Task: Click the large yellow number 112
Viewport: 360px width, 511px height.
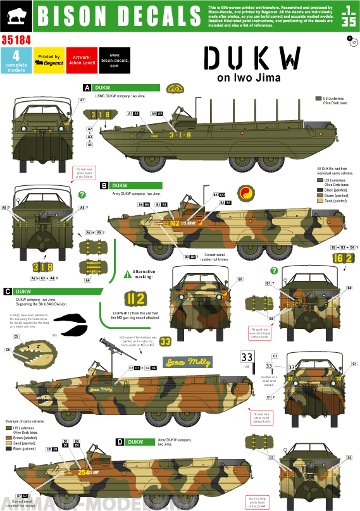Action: (133, 298)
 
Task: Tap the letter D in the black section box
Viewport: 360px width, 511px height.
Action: (120, 442)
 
